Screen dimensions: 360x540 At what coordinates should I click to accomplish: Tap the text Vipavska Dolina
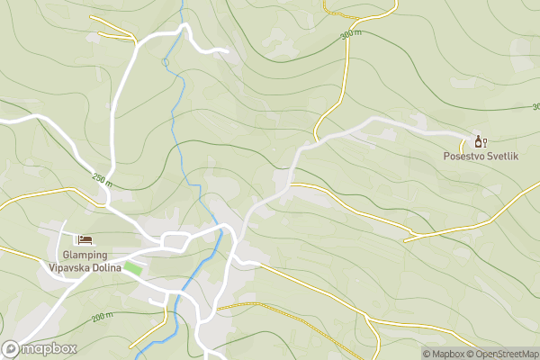pyautogui.click(x=85, y=267)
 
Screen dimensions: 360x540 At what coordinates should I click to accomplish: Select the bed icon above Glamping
pyautogui.click(x=85, y=238)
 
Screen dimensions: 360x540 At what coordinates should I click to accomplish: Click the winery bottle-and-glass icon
pyautogui.click(x=480, y=141)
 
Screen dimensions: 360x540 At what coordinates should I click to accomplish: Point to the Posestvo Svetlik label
pyautogui.click(x=481, y=157)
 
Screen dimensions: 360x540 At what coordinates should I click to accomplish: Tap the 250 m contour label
pyautogui.click(x=102, y=180)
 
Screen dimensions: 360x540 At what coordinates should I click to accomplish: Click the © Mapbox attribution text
pyautogui.click(x=445, y=354)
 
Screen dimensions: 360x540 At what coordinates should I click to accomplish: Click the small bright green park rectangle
pyautogui.click(x=133, y=267)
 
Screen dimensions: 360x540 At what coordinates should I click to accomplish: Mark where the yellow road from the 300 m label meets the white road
pyautogui.click(x=316, y=139)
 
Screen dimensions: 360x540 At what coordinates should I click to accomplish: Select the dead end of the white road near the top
pyautogui.click(x=229, y=52)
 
